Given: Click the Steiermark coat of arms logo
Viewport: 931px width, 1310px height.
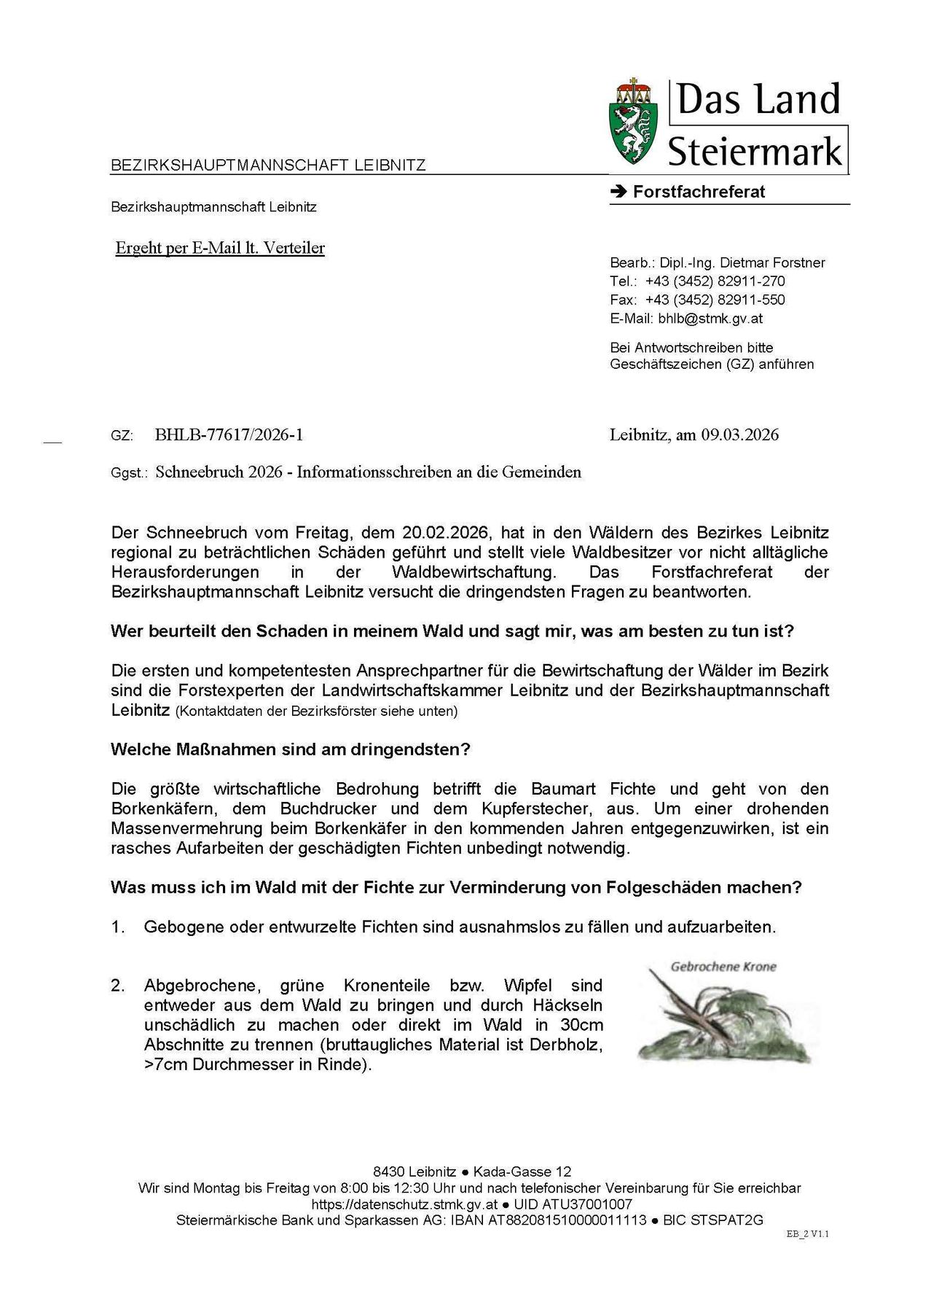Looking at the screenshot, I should point(632,121).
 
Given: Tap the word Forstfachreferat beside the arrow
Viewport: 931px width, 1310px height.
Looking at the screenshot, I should point(699,192).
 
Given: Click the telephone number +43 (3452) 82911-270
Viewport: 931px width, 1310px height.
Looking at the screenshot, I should point(715,281).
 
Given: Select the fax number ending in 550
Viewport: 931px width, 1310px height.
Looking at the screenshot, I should point(715,300).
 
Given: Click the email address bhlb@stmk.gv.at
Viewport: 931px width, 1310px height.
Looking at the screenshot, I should point(710,319).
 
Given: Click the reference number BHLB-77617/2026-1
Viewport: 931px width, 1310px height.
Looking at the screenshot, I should point(229,435).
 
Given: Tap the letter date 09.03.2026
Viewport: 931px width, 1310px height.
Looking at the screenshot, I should point(739,435).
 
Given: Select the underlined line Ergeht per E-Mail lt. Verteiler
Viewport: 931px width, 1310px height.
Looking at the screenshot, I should point(220,248).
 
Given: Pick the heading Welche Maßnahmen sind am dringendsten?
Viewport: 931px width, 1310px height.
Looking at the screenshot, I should point(290,749).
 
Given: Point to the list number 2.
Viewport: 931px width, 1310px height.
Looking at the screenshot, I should point(118,986).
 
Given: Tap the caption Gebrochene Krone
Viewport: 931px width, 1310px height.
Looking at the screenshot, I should point(723,967).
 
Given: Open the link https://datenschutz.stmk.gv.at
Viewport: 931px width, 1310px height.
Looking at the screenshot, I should point(404,1204).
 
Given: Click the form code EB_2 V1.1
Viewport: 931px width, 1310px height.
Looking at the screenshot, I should point(808,1234).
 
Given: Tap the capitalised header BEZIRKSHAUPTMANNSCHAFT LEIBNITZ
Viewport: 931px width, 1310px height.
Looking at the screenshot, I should point(268,165).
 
